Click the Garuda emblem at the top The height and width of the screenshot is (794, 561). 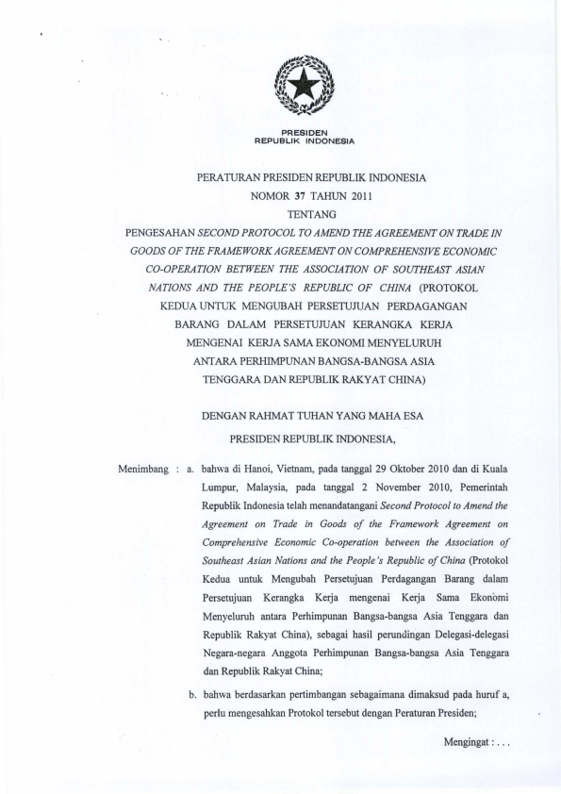(304, 91)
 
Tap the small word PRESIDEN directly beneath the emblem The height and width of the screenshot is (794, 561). (304, 133)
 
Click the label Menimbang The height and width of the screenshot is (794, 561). (142, 469)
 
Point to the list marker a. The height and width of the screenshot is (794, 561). (191, 469)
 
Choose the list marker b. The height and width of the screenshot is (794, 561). (192, 696)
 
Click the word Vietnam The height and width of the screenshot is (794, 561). (301, 469)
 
